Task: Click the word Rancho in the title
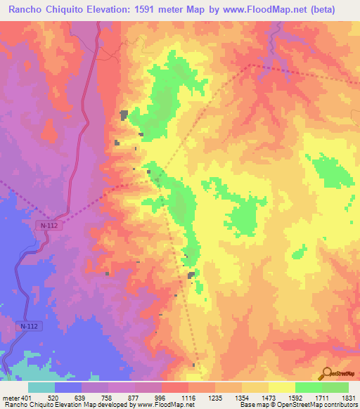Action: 26,9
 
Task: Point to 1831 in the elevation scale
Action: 347,398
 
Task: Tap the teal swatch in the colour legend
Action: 41,387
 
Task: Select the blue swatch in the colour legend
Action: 68,387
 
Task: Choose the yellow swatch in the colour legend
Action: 281,387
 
